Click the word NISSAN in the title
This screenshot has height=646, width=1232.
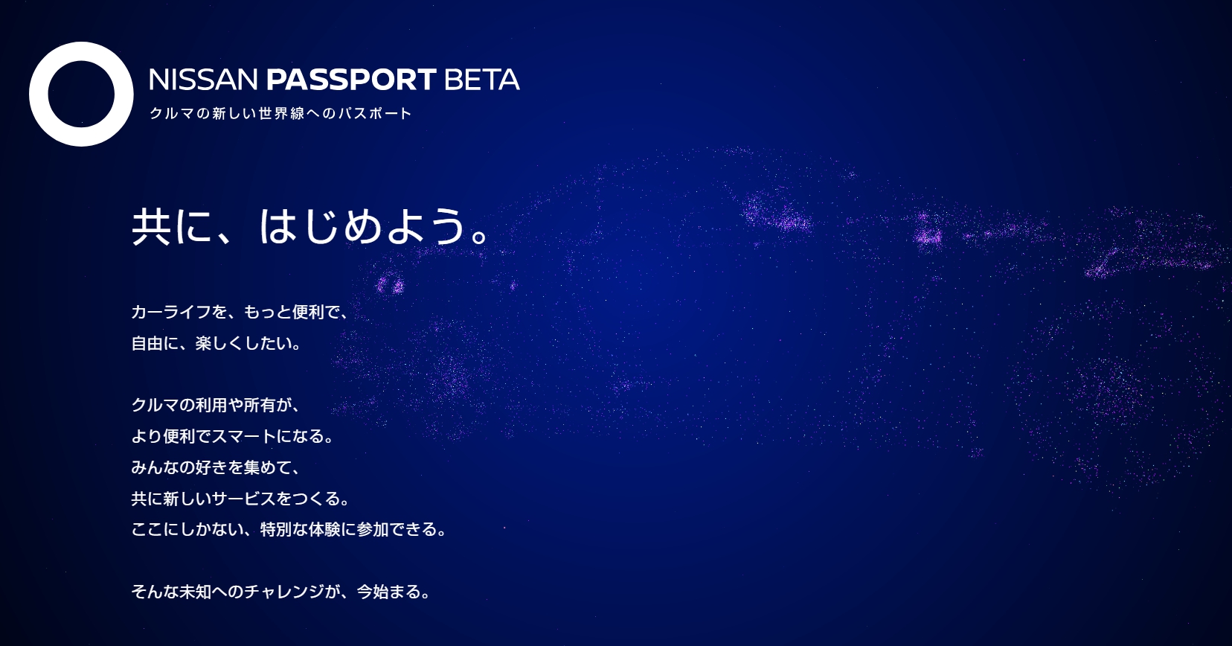tap(204, 80)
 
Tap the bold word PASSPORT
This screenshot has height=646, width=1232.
tap(351, 80)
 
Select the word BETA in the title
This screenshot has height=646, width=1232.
tap(482, 80)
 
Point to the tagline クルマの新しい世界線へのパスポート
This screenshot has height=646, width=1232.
tap(280, 113)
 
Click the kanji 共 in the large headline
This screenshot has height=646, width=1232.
tap(151, 226)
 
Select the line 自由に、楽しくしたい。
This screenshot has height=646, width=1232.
tap(216, 343)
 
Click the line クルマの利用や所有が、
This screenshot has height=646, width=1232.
tap(216, 405)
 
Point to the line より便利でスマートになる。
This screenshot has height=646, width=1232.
tap(232, 436)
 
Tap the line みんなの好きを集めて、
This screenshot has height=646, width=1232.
tap(216, 467)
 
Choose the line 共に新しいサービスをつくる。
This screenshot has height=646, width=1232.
tap(240, 499)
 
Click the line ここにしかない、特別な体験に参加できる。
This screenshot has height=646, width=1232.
tap(289, 529)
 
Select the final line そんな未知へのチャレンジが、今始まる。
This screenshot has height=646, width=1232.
tap(280, 592)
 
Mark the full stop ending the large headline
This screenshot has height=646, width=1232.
tap(480, 236)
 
